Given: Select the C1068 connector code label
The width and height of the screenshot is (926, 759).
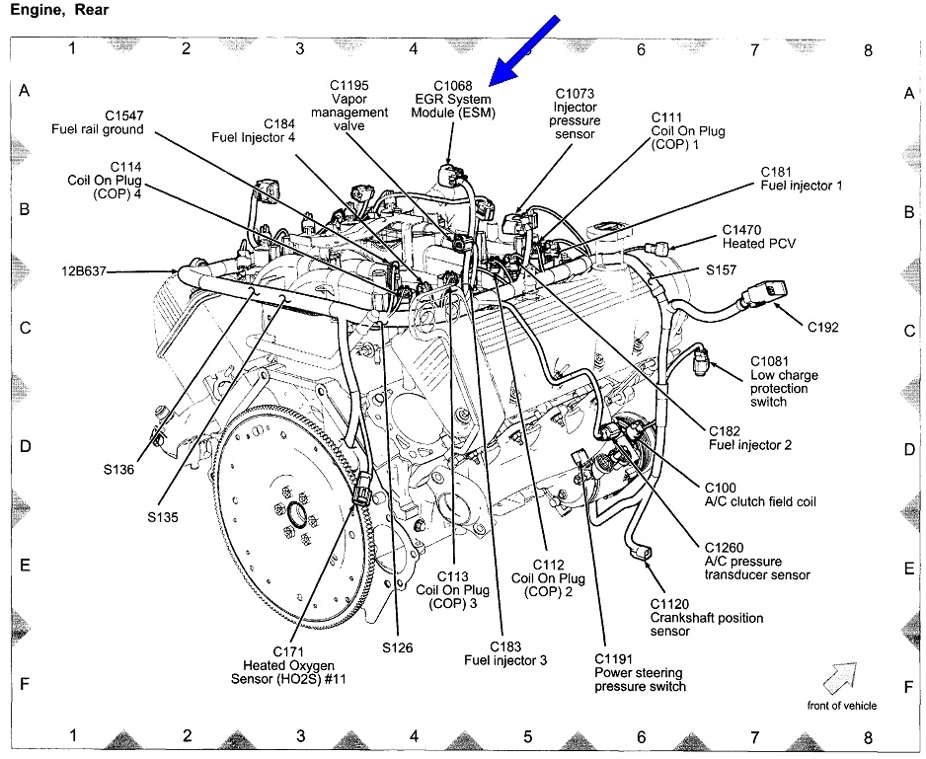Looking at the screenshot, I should [452, 86].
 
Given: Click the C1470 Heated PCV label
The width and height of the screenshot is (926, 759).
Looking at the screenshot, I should [757, 235].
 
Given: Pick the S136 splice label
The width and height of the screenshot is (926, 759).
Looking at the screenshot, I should [119, 470].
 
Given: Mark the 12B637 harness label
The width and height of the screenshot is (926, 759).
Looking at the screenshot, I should [82, 268].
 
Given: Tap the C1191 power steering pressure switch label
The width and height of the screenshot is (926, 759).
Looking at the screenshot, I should [640, 672].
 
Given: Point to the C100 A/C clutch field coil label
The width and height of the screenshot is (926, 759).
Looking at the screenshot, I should [759, 494].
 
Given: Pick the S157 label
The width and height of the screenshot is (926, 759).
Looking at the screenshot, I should [724, 268].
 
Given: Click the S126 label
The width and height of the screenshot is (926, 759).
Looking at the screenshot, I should [398, 647].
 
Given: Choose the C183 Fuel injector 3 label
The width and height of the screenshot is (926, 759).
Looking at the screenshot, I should [504, 652].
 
